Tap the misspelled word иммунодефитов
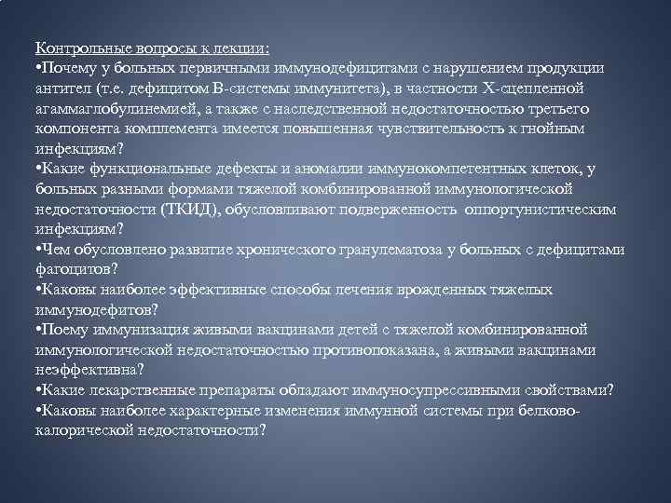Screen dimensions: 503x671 pos(96,309)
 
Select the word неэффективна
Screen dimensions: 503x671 pos(85,369)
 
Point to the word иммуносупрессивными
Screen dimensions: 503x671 pos(461,389)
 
